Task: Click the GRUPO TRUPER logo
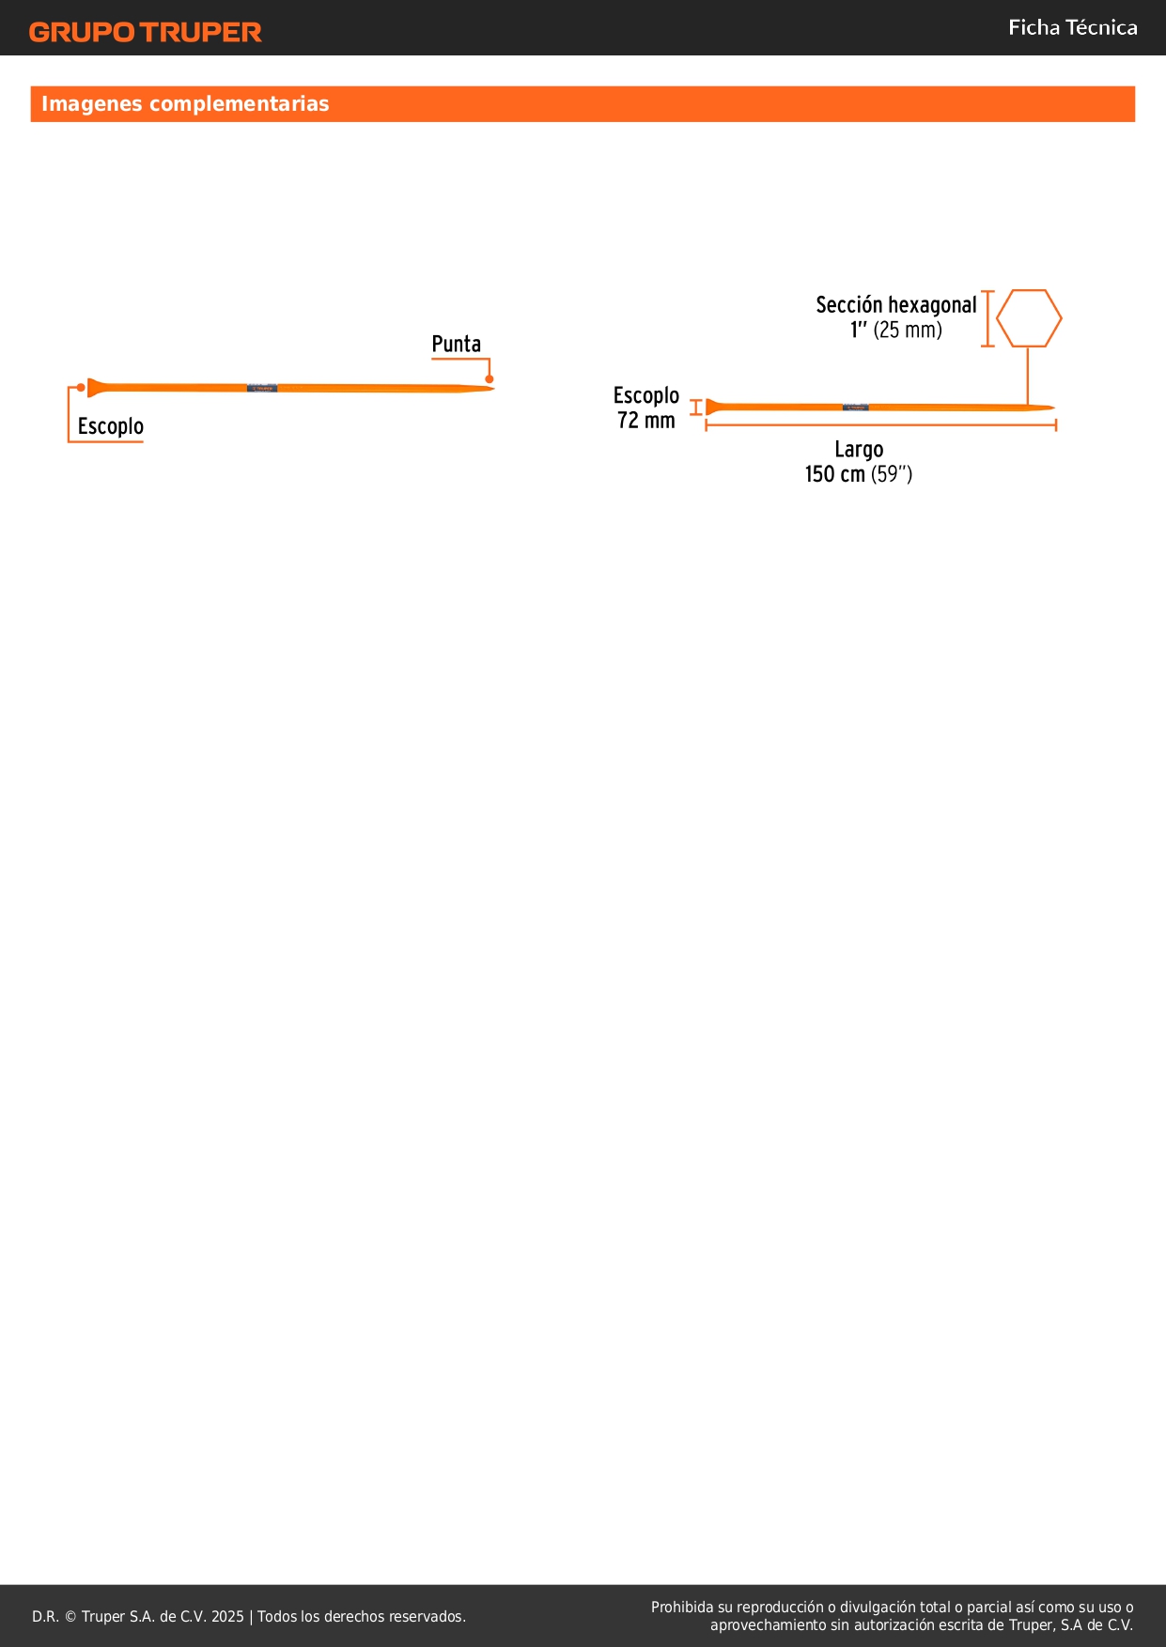point(145,32)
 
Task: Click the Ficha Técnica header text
point(1072,28)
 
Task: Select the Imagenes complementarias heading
point(185,104)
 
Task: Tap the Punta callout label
point(456,345)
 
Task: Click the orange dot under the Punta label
point(490,378)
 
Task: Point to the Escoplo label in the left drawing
point(111,426)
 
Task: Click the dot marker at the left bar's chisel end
point(82,387)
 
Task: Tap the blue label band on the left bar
point(262,388)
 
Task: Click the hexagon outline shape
point(1029,318)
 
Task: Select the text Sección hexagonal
point(895,305)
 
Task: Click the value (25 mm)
point(908,331)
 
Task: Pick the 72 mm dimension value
point(646,421)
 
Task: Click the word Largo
point(859,450)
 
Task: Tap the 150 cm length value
point(834,474)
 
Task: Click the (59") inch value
point(892,474)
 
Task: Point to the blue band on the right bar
point(855,408)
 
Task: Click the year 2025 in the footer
point(227,1616)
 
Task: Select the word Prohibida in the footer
point(682,1607)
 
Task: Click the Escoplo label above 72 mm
point(646,395)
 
